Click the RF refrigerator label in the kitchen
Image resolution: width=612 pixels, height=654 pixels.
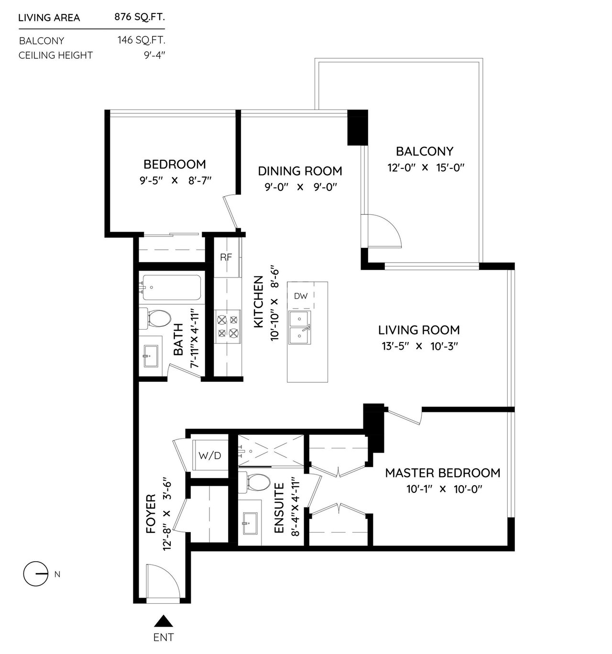point(226,257)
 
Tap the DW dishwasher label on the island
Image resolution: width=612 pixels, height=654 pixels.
point(301,296)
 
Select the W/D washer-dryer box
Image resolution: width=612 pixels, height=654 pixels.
point(210,455)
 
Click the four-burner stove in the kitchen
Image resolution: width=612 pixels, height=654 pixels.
point(228,327)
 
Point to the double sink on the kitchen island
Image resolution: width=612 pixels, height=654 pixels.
point(300,328)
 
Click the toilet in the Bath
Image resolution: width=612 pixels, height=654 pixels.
point(155,319)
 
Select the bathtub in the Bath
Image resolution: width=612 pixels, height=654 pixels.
point(171,288)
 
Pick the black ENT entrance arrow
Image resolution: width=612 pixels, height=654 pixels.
point(164,621)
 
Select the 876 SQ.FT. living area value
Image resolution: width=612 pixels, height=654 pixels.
point(140,17)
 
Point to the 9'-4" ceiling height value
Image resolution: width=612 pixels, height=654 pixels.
point(154,55)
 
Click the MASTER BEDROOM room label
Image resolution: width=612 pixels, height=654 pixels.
point(442,473)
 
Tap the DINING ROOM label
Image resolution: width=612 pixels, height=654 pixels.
point(300,171)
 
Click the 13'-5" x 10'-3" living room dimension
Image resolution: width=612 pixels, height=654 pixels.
point(420,346)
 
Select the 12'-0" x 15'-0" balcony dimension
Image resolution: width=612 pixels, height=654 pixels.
point(426,167)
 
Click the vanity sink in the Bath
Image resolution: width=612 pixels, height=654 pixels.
point(151,356)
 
